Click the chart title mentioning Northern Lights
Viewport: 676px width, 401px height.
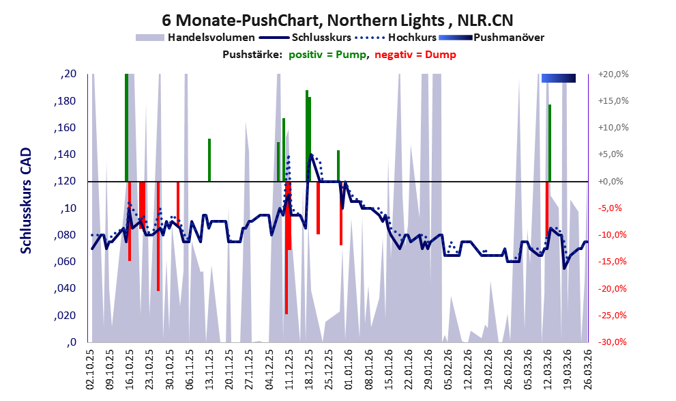click(338, 20)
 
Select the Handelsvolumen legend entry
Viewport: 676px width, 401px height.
click(195, 38)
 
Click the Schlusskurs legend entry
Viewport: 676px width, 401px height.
click(305, 38)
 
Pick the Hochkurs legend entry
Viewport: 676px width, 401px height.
click(396, 38)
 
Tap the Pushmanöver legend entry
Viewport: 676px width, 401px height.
click(491, 38)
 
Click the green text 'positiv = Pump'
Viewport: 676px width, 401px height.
click(328, 55)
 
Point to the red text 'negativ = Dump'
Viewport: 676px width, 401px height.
click(415, 55)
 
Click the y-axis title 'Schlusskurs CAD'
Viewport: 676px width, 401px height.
click(27, 201)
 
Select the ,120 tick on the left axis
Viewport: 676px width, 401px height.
click(65, 181)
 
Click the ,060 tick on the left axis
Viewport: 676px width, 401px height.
click(65, 262)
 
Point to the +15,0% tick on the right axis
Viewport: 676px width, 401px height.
click(613, 101)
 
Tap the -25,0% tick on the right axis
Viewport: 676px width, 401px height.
click(613, 316)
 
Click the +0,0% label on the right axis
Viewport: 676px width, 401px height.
click(611, 181)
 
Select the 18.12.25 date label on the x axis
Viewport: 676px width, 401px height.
click(309, 369)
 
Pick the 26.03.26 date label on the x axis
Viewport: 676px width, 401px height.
click(587, 369)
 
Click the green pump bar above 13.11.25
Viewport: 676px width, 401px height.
click(209, 160)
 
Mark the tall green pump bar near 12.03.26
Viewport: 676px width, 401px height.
click(550, 143)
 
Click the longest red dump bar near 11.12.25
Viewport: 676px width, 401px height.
click(286, 248)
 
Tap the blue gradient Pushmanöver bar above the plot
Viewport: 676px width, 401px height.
click(558, 78)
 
